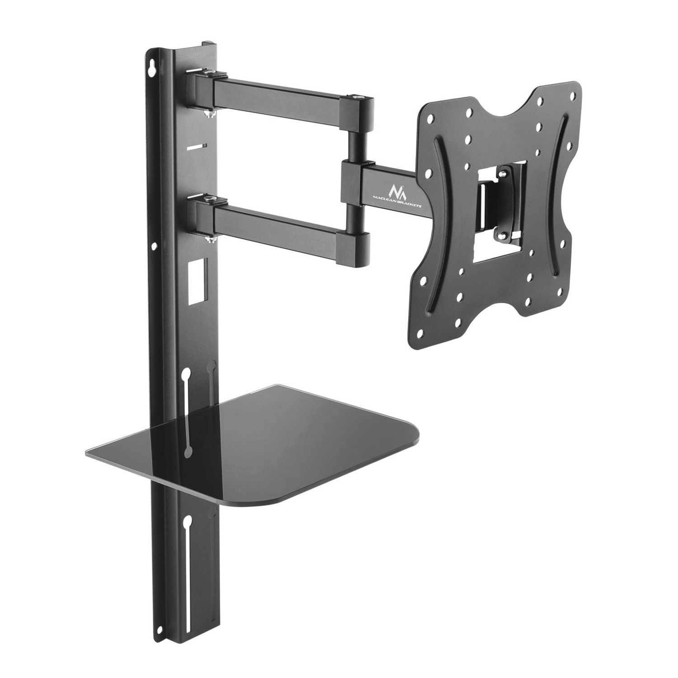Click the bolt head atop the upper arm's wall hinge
[209, 71]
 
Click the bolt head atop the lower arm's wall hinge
[209, 198]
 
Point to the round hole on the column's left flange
[154, 246]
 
